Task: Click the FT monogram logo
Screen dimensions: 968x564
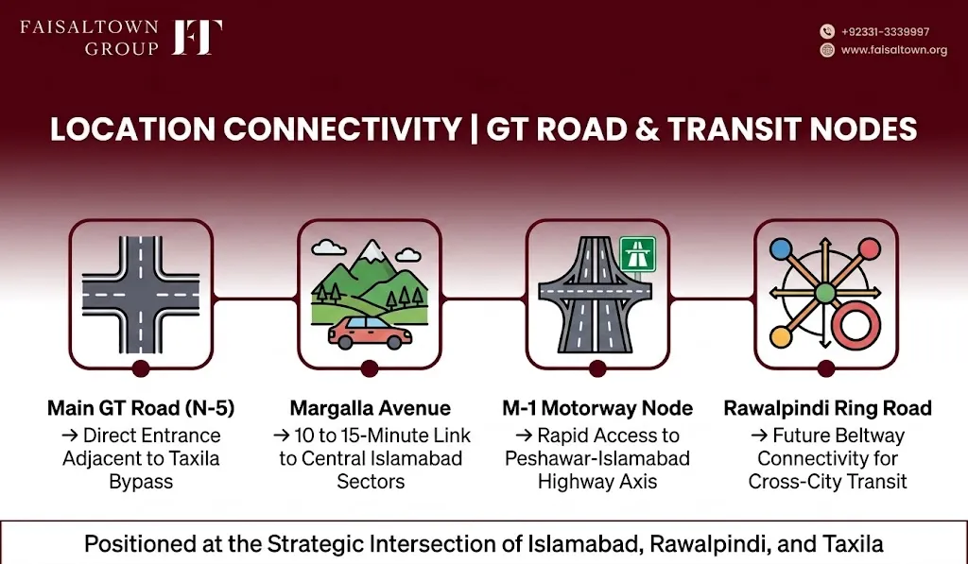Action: pyautogui.click(x=197, y=37)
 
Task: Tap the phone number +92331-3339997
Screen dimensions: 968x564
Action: pyautogui.click(x=885, y=32)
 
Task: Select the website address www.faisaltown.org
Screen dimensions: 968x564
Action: pyautogui.click(x=894, y=50)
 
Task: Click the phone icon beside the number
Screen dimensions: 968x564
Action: pyautogui.click(x=827, y=31)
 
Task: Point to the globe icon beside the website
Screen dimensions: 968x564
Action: pyautogui.click(x=827, y=50)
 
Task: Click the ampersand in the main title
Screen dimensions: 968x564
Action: pyautogui.click(x=647, y=129)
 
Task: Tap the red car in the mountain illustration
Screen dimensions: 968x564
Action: pyautogui.click(x=370, y=333)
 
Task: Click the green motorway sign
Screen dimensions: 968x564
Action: pyautogui.click(x=637, y=253)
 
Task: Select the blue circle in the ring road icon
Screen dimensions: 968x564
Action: pyautogui.click(x=781, y=249)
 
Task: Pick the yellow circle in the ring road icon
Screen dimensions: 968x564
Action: pyautogui.click(x=780, y=337)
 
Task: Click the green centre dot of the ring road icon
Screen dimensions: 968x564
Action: pyautogui.click(x=825, y=293)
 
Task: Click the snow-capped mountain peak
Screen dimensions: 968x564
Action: pyautogui.click(x=372, y=249)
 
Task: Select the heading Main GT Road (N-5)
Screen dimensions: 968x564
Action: pyautogui.click(x=141, y=408)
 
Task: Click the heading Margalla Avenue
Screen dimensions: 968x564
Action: pyautogui.click(x=371, y=408)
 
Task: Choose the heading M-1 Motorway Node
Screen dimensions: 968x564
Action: pyautogui.click(x=597, y=408)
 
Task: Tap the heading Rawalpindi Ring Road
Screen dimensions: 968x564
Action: pyautogui.click(x=828, y=408)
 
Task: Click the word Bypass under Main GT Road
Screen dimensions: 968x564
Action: pyautogui.click(x=141, y=481)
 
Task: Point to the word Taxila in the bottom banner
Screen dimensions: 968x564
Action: pyautogui.click(x=853, y=544)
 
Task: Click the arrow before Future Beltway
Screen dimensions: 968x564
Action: pyautogui.click(x=759, y=436)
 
